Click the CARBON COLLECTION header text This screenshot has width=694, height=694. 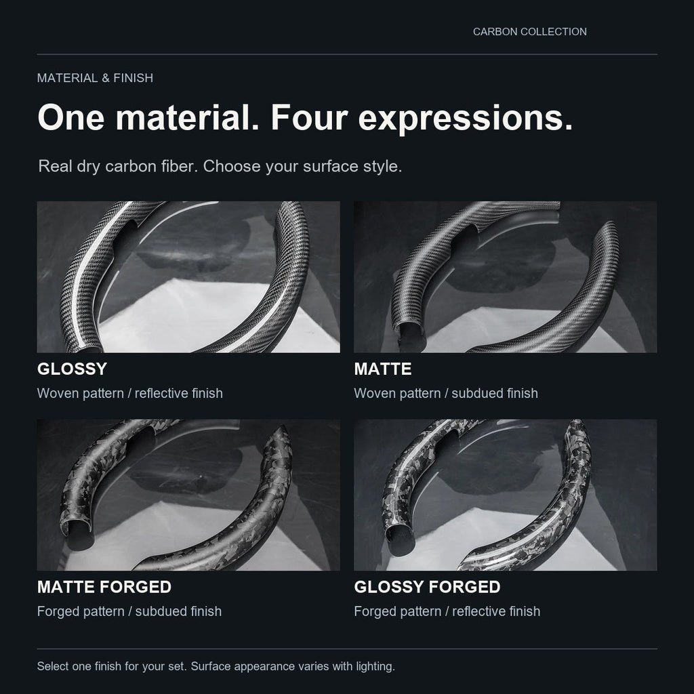pyautogui.click(x=530, y=32)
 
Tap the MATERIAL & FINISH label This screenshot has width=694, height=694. pyautogui.click(x=95, y=78)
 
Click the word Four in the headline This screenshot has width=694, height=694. pyautogui.click(x=309, y=118)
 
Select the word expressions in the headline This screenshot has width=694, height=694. pyautogui.click(x=465, y=119)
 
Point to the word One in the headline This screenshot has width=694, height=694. pyautogui.click(x=71, y=118)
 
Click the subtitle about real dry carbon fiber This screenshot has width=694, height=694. pyautogui.click(x=220, y=167)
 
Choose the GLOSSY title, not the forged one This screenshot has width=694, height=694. pyautogui.click(x=72, y=369)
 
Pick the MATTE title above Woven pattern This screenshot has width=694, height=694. pyautogui.click(x=383, y=369)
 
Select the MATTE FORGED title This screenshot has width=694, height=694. pyautogui.click(x=104, y=587)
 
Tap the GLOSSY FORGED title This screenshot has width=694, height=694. pyautogui.click(x=427, y=587)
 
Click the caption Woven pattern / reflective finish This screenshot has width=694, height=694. pyautogui.click(x=129, y=393)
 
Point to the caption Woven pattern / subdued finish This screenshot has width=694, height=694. pyautogui.click(x=446, y=393)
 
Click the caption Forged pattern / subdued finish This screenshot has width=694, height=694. pyautogui.click(x=129, y=611)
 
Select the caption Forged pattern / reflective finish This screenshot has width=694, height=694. pyautogui.click(x=447, y=611)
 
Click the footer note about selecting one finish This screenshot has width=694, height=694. pyautogui.click(x=216, y=666)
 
